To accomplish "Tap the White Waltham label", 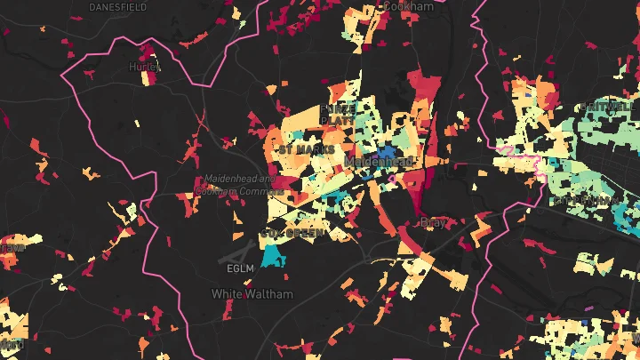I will (246, 292).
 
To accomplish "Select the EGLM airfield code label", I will (241, 268).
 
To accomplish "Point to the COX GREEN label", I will (294, 232).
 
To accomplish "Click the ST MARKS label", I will (307, 149).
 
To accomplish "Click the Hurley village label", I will (143, 67).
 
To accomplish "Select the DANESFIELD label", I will (117, 7).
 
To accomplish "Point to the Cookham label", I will (408, 6).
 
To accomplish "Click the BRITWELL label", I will (609, 107).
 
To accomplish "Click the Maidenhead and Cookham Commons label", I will (241, 184).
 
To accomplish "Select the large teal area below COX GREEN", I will (273, 256).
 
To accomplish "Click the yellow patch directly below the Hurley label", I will (146, 78).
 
